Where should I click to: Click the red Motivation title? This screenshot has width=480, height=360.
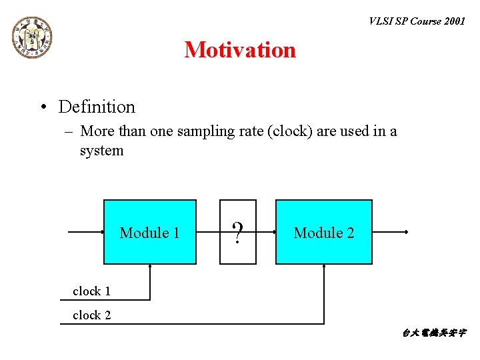pos(240,50)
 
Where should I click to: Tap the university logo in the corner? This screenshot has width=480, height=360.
pos(31,37)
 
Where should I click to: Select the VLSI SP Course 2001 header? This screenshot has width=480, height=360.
pos(417,21)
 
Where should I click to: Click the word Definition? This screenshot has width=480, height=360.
pos(97,107)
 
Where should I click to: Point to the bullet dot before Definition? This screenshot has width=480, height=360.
pos(43,107)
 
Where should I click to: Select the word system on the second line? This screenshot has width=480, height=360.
pos(101,151)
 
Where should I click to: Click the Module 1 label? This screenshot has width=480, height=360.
pos(149,233)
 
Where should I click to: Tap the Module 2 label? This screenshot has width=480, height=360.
pos(323,233)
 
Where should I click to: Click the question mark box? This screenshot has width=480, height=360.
pos(237,232)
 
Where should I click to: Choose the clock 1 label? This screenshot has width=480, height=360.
pos(91,291)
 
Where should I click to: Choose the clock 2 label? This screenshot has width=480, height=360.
pos(91,315)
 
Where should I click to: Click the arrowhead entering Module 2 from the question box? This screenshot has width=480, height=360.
pos(273,232)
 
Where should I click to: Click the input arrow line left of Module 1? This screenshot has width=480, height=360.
pos(87,232)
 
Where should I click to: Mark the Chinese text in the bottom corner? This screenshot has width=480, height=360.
pos(434,333)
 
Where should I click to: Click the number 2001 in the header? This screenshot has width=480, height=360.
pos(454,21)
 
